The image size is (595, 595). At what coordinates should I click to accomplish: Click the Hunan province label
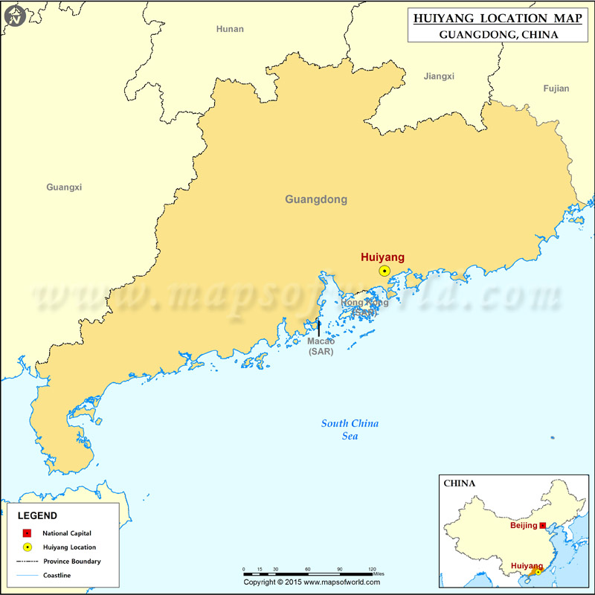click(230, 29)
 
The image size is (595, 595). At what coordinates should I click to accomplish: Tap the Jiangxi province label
click(439, 76)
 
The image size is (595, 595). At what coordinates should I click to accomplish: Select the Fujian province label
click(556, 89)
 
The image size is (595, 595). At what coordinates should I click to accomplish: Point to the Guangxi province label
click(64, 187)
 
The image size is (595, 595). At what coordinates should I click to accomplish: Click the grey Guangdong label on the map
click(316, 199)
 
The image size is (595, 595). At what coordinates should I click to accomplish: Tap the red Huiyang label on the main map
click(382, 257)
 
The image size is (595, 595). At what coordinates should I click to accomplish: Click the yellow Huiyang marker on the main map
click(384, 271)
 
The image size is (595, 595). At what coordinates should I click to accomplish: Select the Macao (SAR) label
click(321, 346)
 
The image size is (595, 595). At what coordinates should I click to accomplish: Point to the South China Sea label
click(350, 430)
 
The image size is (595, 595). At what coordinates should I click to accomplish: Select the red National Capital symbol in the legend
click(28, 533)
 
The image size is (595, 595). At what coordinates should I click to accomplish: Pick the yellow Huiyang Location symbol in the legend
click(28, 547)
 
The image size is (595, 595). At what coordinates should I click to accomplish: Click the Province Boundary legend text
click(71, 562)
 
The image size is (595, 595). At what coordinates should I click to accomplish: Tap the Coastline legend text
click(57, 576)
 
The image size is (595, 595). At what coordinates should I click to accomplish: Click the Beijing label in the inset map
click(524, 525)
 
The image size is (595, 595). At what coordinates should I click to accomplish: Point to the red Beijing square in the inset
click(542, 525)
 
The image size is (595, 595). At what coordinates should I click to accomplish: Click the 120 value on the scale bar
click(372, 569)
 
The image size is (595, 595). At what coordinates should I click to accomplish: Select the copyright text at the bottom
click(307, 582)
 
